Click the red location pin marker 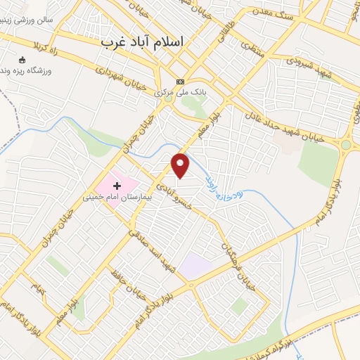[181, 165]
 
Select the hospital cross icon [117, 186]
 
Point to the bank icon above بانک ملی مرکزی [180, 82]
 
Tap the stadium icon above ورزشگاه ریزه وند [22, 59]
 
